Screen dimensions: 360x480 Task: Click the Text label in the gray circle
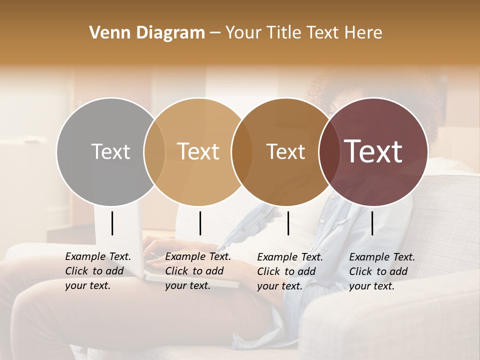coord(110,151)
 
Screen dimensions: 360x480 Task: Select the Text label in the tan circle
coord(198,151)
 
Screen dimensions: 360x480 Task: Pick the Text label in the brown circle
coord(285,151)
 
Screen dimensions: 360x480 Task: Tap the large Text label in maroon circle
coord(373,151)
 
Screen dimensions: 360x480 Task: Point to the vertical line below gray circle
coord(112,223)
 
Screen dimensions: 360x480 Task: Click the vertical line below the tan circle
coord(200,223)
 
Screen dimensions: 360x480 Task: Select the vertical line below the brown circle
coord(288,223)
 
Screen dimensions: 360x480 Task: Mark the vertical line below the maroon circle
coord(372,223)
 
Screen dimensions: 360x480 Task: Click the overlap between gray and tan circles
coord(154,151)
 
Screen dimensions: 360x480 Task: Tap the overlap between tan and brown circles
coord(242,151)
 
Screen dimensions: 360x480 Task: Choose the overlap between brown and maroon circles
coord(329,151)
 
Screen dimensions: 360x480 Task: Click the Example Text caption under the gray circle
coord(97,271)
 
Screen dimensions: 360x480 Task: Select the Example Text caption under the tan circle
coord(197,271)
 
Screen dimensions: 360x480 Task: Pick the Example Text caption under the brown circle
coord(289,271)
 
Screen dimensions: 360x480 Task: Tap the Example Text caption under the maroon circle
coord(381,271)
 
